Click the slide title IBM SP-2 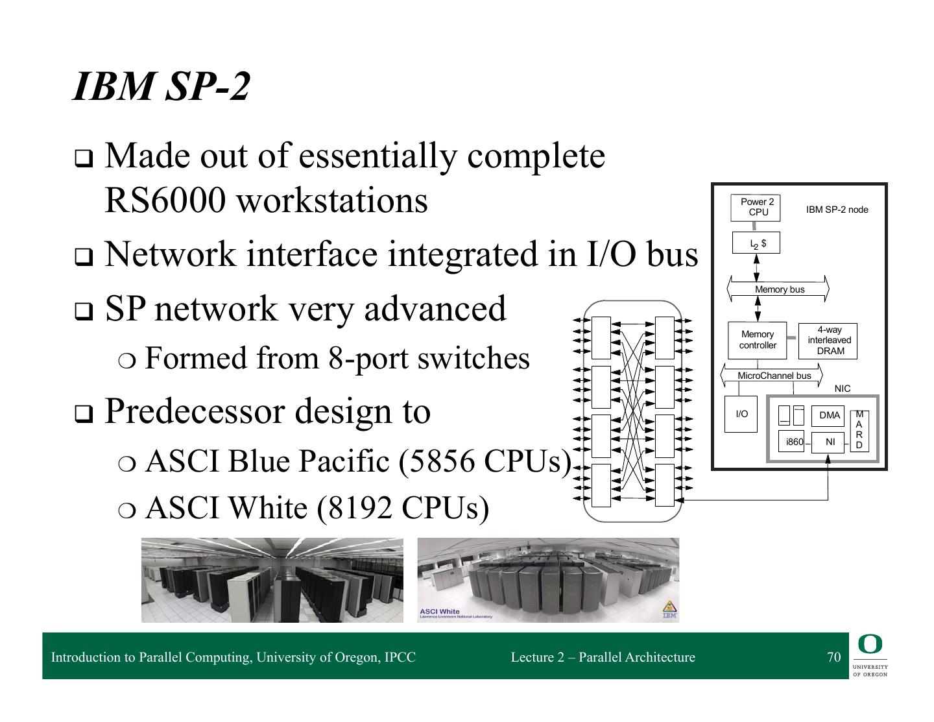click(x=161, y=86)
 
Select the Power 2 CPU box click(x=756, y=207)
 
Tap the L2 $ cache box click(x=756, y=243)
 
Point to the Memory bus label click(x=779, y=289)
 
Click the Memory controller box click(x=757, y=340)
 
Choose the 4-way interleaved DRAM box click(x=828, y=341)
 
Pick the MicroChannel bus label click(x=774, y=376)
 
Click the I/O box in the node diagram click(x=741, y=414)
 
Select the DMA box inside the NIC click(x=828, y=415)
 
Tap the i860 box click(x=794, y=442)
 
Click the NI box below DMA click(x=829, y=442)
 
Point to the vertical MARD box click(x=859, y=430)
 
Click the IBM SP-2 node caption click(x=837, y=210)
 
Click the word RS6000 click(x=165, y=200)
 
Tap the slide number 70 click(x=833, y=657)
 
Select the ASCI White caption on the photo click(x=440, y=611)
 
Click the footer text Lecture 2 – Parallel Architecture click(x=603, y=657)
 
